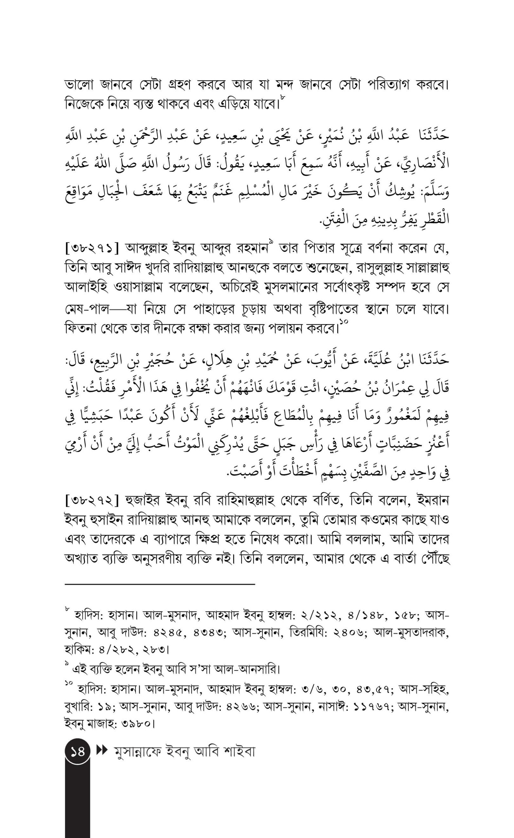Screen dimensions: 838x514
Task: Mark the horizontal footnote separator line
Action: (x=160, y=584)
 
